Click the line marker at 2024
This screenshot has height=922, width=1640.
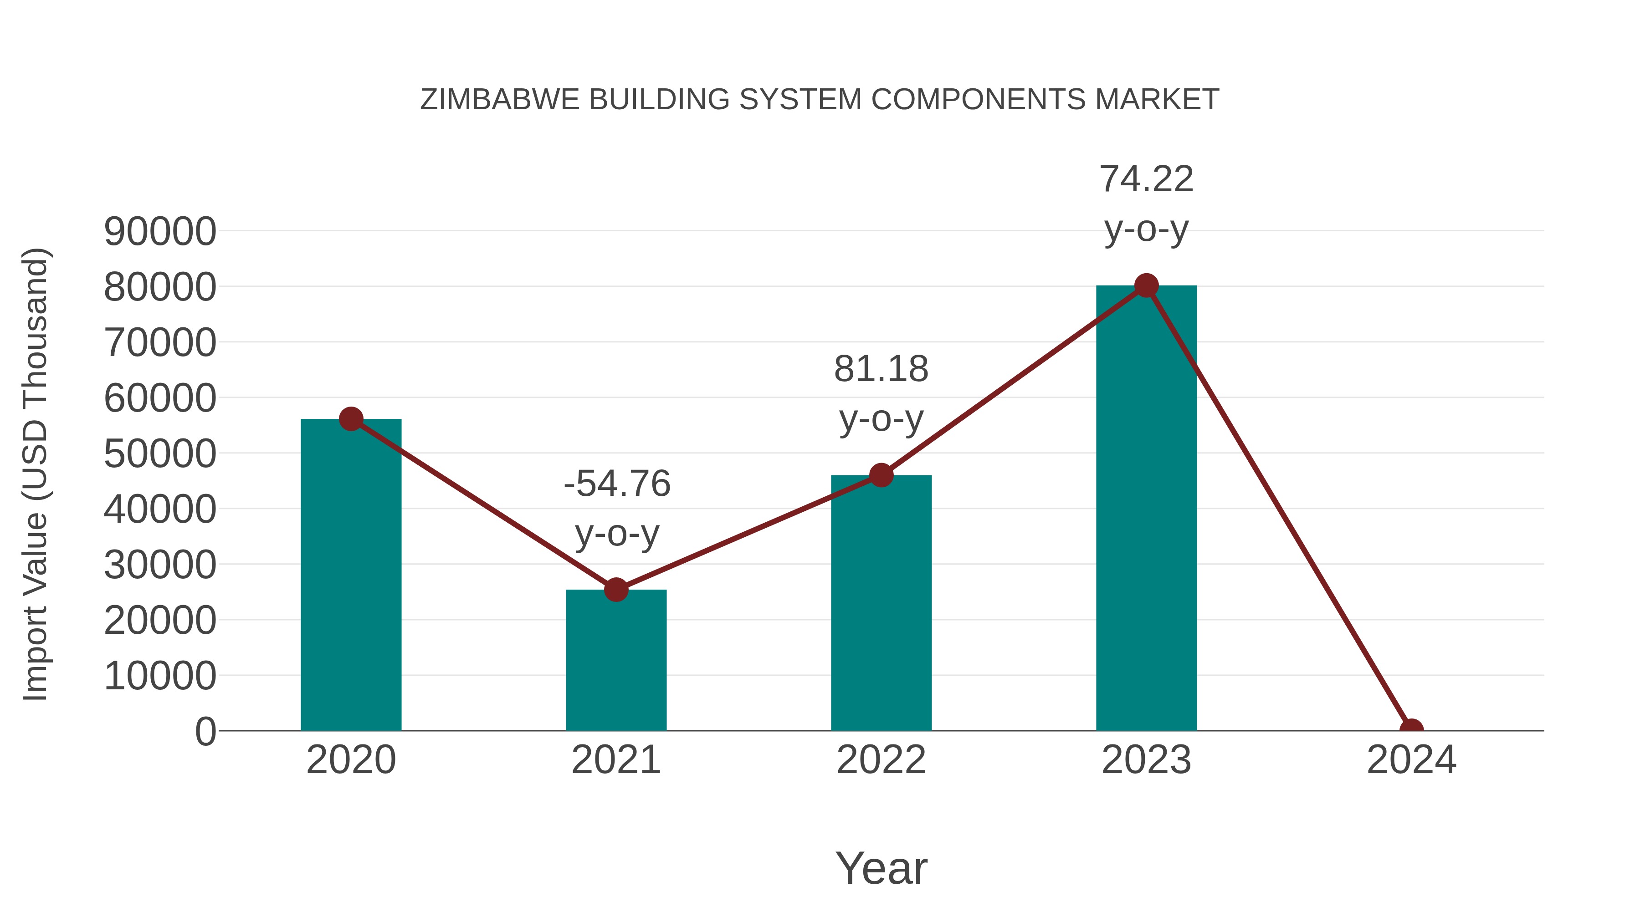pos(1411,729)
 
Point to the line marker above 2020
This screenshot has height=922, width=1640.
pos(351,419)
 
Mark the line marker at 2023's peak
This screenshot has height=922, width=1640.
pos(1146,285)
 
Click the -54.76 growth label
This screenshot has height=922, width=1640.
pos(617,484)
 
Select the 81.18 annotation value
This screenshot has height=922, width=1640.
pos(881,369)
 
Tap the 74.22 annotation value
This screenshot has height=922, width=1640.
pos(1146,179)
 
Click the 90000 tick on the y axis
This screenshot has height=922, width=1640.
pos(160,232)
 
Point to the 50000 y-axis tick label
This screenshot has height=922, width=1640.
pos(160,454)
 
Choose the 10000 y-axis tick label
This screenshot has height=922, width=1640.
pos(160,676)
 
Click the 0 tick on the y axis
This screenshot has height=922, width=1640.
pos(205,732)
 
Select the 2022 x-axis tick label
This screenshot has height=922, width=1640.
pos(881,760)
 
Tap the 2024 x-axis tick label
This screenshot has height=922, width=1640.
pos(1411,760)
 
